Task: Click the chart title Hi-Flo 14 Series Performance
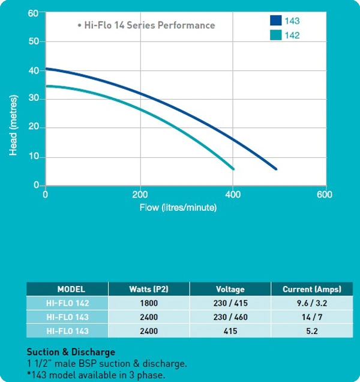pyautogui.click(x=149, y=25)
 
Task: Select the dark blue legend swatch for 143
pyautogui.click(x=276, y=20)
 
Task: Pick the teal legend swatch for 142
pyautogui.click(x=276, y=35)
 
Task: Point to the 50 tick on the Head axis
pyautogui.click(x=34, y=41)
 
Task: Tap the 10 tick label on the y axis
pyautogui.click(x=34, y=156)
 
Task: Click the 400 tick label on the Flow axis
pyautogui.click(x=233, y=195)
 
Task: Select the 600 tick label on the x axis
pyautogui.click(x=325, y=195)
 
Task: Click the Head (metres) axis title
pyautogui.click(x=13, y=125)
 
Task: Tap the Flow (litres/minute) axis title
pyautogui.click(x=178, y=208)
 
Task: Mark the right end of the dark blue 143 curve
pyautogui.click(x=276, y=169)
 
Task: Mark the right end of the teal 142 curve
pyautogui.click(x=233, y=169)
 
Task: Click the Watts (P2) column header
pyautogui.click(x=149, y=289)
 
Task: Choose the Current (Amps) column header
pyautogui.click(x=312, y=289)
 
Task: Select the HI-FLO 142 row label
pyautogui.click(x=67, y=303)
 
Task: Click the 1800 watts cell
pyautogui.click(x=149, y=303)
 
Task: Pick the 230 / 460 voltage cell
pyautogui.click(x=230, y=317)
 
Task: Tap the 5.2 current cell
pyautogui.click(x=312, y=331)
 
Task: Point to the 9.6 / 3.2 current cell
pyautogui.click(x=312, y=303)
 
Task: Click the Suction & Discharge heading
pyautogui.click(x=71, y=352)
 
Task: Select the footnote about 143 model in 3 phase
pyautogui.click(x=96, y=375)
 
